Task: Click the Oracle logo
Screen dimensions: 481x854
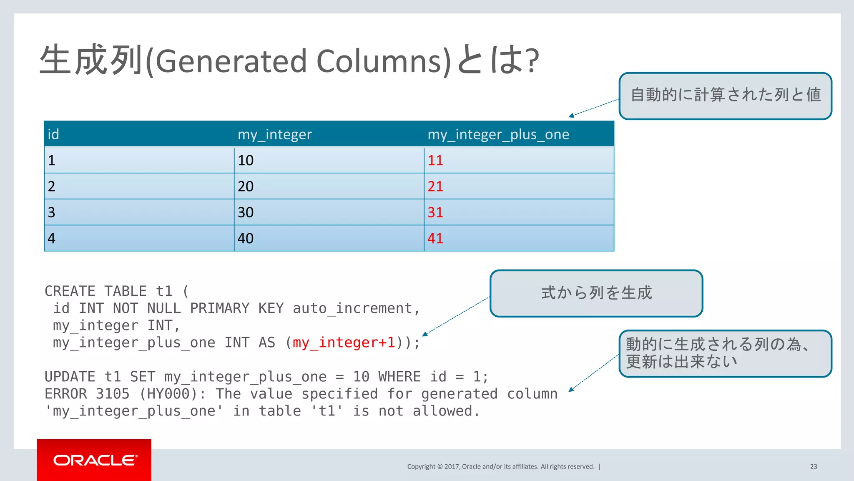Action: pyautogui.click(x=95, y=460)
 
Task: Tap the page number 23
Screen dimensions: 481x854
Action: pyautogui.click(x=813, y=466)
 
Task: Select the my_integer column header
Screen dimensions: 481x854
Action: pyautogui.click(x=274, y=134)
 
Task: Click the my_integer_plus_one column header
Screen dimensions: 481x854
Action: pyautogui.click(x=498, y=134)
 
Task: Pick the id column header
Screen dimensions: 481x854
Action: pyautogui.click(x=53, y=134)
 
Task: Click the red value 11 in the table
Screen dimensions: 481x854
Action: pyautogui.click(x=435, y=160)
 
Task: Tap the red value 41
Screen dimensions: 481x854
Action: pyautogui.click(x=435, y=238)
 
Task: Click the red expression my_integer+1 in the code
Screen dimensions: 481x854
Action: pyautogui.click(x=344, y=342)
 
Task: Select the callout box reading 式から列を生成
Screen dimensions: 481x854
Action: pyautogui.click(x=596, y=293)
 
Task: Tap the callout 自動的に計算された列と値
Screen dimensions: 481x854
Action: pyautogui.click(x=725, y=96)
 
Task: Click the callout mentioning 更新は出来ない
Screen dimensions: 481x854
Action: pyautogui.click(x=725, y=353)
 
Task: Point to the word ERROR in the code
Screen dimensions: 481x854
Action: pyautogui.click(x=65, y=394)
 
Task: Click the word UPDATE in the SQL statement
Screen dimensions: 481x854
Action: pyautogui.click(x=70, y=377)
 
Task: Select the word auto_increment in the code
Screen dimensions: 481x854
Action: pyautogui.click(x=353, y=308)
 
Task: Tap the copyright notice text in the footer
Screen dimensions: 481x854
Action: pyautogui.click(x=500, y=466)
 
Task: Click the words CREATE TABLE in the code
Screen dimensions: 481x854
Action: pyautogui.click(x=95, y=291)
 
